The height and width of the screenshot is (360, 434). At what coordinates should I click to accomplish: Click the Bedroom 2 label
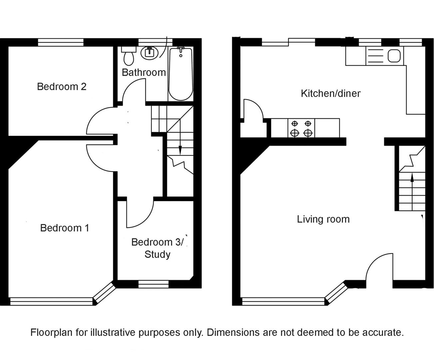pyautogui.click(x=62, y=87)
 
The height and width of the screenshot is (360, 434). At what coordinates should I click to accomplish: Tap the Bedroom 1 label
pyautogui.click(x=65, y=228)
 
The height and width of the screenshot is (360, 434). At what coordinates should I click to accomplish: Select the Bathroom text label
pyautogui.click(x=144, y=72)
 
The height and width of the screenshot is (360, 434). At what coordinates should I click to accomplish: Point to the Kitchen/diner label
pyautogui.click(x=330, y=93)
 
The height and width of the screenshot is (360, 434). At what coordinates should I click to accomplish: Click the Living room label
pyautogui.click(x=323, y=219)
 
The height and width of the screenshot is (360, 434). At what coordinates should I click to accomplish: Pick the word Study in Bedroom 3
pyautogui.click(x=158, y=254)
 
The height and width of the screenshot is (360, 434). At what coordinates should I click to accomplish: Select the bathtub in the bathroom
pyautogui.click(x=181, y=73)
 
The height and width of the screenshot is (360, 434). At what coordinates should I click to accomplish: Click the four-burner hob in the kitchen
pyautogui.click(x=301, y=128)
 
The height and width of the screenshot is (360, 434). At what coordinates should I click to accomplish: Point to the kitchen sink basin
pyautogui.click(x=394, y=56)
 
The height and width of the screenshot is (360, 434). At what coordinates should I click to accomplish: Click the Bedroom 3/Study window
pyautogui.click(x=154, y=284)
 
